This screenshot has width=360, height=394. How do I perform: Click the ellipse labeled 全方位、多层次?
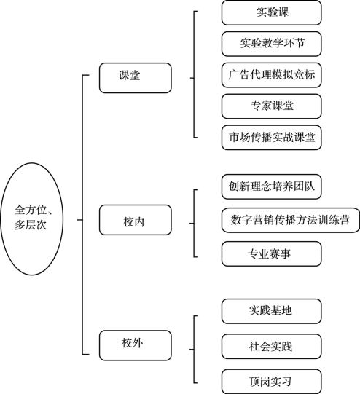point(31,218)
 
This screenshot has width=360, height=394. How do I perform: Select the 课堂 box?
point(136,78)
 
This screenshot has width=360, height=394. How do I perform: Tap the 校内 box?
point(136,220)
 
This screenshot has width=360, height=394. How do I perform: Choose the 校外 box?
point(136,345)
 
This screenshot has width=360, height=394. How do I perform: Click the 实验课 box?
point(272,13)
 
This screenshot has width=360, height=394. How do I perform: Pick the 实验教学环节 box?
point(272,44)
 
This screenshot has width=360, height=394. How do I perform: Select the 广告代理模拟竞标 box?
point(272,75)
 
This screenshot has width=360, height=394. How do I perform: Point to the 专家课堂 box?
point(272,106)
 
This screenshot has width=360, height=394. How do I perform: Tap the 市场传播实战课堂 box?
point(272,138)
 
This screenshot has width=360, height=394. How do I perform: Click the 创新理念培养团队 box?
point(272,186)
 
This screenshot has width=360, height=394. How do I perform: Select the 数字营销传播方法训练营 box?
point(291,220)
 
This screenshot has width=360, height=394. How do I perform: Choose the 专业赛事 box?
point(272,253)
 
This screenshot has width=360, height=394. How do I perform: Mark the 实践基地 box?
point(272,311)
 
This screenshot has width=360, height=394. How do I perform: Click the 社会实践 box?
point(272,347)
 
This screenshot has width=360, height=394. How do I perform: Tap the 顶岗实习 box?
point(272,382)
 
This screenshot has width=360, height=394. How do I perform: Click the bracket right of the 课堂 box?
point(194,74)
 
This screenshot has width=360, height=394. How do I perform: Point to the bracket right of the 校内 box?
point(194,224)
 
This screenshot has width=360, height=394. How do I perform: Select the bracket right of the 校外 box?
point(194,350)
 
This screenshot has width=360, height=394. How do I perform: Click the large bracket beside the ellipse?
point(82,215)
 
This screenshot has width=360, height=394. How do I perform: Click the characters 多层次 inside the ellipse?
point(31,225)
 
